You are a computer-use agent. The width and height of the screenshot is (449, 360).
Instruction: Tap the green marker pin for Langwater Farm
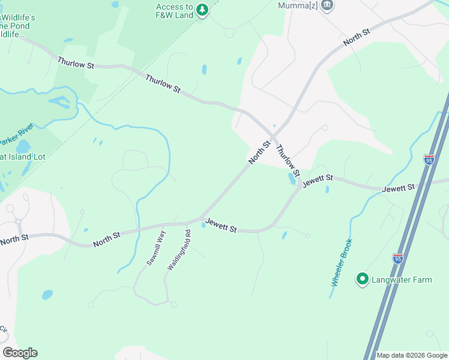362,279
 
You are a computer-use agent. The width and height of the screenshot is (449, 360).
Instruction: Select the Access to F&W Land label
174,11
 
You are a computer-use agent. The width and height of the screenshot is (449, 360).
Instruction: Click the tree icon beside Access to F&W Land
202,10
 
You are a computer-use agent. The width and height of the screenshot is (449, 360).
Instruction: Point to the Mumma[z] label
298,5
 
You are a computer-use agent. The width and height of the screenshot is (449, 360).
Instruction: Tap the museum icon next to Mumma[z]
327,5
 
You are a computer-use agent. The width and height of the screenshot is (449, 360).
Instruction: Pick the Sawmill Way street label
155,248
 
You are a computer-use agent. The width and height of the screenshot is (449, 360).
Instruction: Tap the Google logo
20,353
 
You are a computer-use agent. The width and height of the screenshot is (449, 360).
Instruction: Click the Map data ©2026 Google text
412,355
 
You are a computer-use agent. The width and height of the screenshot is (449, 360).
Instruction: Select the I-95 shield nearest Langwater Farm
397,258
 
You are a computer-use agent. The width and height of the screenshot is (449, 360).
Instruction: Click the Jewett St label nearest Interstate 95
399,188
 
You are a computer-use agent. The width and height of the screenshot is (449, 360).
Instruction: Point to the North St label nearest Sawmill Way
106,239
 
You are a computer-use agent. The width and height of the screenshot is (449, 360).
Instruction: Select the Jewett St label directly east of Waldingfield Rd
221,226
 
